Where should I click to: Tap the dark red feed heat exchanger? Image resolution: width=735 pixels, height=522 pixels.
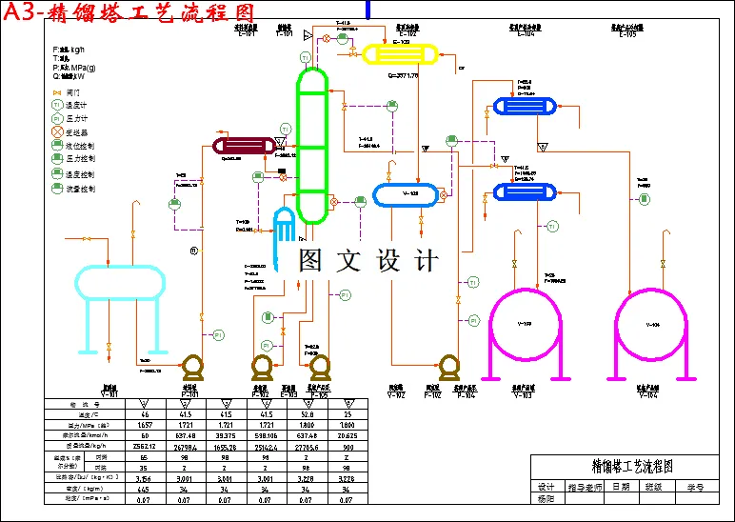(x=243, y=145)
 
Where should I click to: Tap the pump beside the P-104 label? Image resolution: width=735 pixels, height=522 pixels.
(x=448, y=366)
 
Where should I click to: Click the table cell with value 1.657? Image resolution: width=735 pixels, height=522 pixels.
(x=145, y=423)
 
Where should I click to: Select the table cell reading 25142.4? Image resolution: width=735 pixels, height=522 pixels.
(x=268, y=444)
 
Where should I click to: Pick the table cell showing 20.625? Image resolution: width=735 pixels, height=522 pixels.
(x=349, y=433)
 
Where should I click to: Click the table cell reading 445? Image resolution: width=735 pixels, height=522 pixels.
(x=145, y=489)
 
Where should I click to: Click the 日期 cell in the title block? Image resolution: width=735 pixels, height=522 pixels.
(x=621, y=486)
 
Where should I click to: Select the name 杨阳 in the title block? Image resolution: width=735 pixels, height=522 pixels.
(x=546, y=498)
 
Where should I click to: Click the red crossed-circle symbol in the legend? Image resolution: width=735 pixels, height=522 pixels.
(x=57, y=131)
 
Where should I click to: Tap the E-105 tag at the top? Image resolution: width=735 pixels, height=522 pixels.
(x=627, y=34)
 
